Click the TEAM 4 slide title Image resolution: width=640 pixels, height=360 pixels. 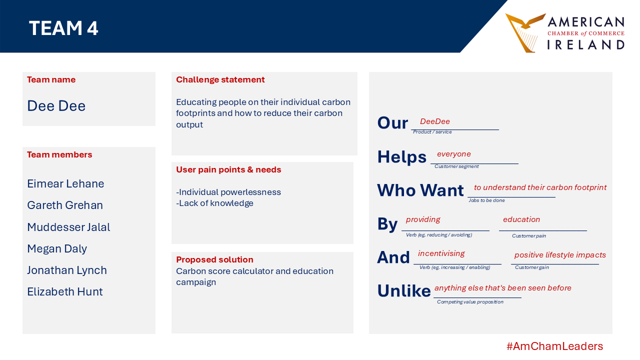coord(63,28)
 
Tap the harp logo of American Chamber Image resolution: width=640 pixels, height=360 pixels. coord(525,33)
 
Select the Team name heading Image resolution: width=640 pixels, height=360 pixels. coord(51,79)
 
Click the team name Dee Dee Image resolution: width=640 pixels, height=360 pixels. coord(56,105)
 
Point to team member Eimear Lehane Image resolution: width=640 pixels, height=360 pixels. coord(65,183)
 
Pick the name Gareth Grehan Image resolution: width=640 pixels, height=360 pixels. coord(65,205)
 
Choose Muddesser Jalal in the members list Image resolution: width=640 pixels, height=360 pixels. coord(68,227)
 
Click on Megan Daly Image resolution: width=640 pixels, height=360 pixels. coord(57,249)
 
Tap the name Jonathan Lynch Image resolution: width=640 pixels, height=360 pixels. coord(67,270)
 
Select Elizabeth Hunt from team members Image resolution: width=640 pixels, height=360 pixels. coord(65,291)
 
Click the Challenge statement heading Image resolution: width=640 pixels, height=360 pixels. coord(220,79)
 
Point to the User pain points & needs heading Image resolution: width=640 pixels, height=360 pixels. coord(228,169)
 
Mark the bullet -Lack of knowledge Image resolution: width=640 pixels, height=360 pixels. coord(214,203)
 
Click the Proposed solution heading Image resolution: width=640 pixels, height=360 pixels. coord(214,259)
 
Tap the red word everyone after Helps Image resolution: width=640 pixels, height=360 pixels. coord(453,154)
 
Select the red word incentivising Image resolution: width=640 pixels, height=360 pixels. coord(441,253)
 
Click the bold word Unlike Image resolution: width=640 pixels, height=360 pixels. coord(403,291)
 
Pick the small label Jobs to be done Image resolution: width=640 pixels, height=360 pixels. coord(486,200)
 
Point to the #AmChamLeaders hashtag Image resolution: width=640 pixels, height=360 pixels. coord(554,346)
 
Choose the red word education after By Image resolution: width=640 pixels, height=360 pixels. coord(521,219)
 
